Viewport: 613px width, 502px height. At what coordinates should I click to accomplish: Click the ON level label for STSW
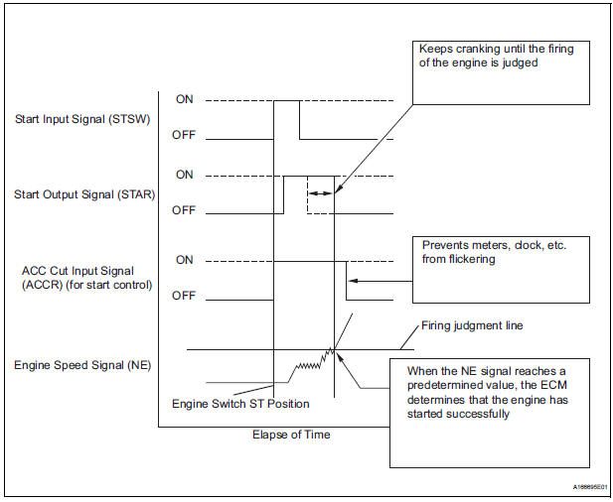coord(185,100)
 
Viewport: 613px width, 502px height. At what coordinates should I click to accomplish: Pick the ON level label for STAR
coord(185,175)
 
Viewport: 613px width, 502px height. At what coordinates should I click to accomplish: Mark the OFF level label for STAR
coord(186,211)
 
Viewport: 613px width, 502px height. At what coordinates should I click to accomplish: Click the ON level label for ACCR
coord(185,260)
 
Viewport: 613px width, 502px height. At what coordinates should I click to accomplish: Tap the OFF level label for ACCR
coord(186,296)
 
